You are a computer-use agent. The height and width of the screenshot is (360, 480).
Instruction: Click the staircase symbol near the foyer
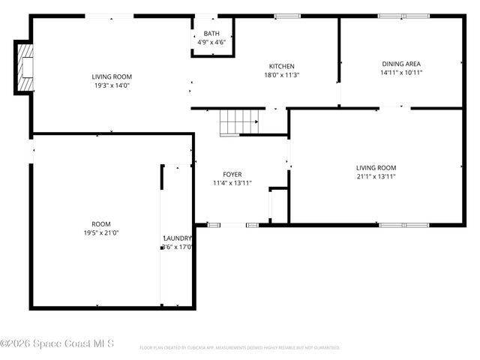point(238,121)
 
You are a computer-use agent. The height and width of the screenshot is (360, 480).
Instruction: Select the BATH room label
point(211,34)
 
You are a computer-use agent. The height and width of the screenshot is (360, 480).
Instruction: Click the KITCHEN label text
point(281,66)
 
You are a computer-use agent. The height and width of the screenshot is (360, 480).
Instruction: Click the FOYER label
point(232,174)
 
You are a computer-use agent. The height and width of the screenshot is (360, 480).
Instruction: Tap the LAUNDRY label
point(178,238)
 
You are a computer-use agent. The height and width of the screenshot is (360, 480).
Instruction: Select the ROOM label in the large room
point(100,223)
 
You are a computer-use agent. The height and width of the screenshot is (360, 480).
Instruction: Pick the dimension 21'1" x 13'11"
point(376,176)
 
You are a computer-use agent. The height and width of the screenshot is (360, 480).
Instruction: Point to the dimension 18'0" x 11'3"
point(281,75)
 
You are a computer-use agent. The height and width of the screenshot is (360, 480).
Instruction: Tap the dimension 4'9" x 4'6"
point(211,42)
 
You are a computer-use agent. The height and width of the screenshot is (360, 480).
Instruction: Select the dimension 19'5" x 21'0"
point(100,232)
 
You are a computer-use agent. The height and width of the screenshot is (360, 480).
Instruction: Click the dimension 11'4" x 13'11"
point(232,183)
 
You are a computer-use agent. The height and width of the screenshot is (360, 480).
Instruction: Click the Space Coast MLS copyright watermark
point(57,343)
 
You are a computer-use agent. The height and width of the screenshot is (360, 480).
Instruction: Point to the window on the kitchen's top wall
point(286,16)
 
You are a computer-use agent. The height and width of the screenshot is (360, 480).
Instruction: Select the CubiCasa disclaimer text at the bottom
point(239,347)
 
